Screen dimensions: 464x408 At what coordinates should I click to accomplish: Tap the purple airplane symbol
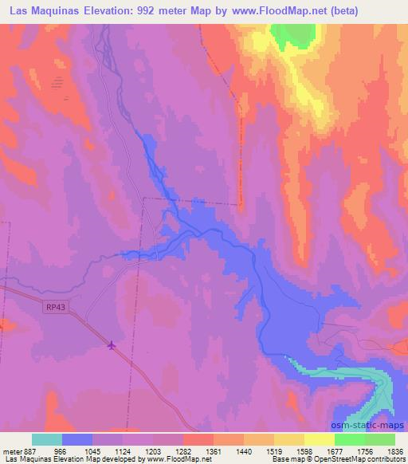click(x=112, y=344)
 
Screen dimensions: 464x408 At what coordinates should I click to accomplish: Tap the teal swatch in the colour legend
click(x=47, y=439)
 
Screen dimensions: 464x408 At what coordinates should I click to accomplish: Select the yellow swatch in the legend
click(x=319, y=439)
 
